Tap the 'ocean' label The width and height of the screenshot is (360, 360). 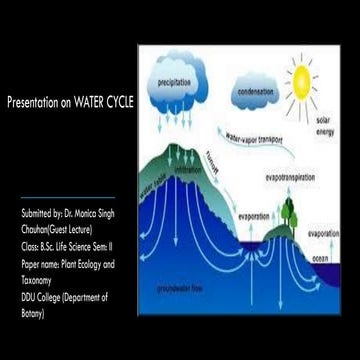[322, 257]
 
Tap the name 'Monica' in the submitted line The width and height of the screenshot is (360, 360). [88, 215]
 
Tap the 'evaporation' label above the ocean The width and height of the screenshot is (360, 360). [324, 233]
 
